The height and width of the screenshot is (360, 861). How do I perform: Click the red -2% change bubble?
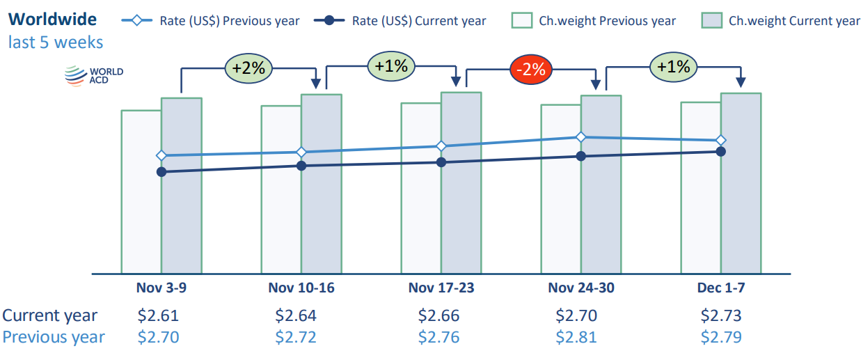(532, 69)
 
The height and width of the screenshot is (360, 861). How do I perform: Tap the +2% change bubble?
(248, 68)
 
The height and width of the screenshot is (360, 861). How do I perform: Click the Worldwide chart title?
(53, 19)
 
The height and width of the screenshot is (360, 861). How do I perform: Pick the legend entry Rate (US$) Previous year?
(211, 20)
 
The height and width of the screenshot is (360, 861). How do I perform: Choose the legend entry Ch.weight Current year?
(780, 20)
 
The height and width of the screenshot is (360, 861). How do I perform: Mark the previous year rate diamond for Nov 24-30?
(580, 137)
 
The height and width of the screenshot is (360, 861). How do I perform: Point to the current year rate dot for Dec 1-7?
(721, 151)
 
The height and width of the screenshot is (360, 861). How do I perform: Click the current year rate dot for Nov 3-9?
(161, 171)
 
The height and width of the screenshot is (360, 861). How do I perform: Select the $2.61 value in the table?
(159, 315)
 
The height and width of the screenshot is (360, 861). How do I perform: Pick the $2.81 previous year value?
(576, 338)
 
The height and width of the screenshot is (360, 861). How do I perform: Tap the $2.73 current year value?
(721, 315)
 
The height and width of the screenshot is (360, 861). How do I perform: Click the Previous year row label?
(54, 338)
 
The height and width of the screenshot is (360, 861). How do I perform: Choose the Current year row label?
(50, 315)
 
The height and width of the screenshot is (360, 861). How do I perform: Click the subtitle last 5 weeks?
(56, 42)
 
